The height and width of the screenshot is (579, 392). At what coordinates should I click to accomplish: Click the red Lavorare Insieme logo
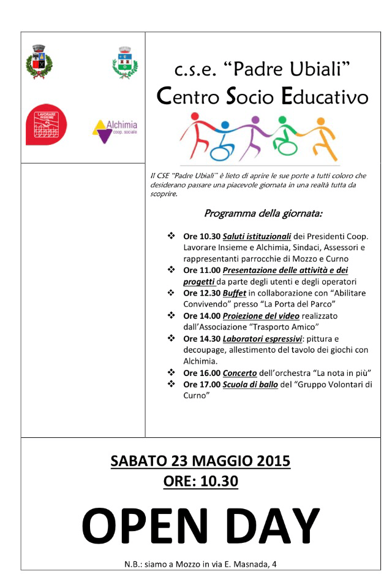pos(47,125)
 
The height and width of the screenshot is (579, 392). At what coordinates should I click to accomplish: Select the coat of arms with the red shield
pos(39,61)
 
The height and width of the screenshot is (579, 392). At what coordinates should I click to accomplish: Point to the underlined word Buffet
pos(235,293)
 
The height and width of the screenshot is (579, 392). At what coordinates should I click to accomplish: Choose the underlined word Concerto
pos(239,372)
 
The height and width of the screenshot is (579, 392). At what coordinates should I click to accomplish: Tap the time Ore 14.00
pos(201,315)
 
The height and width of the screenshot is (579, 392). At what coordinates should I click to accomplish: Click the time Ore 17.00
pos(201,384)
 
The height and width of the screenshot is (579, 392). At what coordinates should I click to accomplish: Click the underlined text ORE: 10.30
pos(200,482)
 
